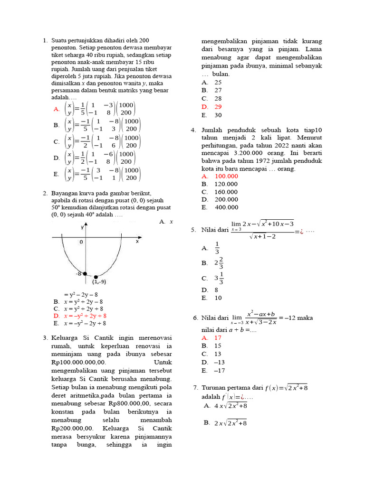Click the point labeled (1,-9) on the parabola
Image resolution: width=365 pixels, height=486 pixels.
click(x=96, y=276)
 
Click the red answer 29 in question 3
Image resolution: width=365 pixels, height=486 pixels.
click(x=218, y=107)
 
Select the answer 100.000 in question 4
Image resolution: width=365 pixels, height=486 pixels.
click(x=226, y=176)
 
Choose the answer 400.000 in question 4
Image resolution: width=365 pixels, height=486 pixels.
click(x=226, y=207)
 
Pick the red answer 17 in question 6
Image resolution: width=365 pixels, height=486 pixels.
click(x=218, y=337)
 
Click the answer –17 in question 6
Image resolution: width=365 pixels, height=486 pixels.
click(x=220, y=371)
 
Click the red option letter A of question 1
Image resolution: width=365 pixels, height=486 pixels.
click(x=57, y=109)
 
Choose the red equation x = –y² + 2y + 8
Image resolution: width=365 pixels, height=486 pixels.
click(x=85, y=315)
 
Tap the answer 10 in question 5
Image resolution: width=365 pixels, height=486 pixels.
click(x=218, y=298)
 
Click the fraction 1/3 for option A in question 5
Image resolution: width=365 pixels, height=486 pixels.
click(x=217, y=248)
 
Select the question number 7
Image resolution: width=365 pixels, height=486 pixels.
click(x=195, y=388)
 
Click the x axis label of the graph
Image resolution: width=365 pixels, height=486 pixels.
click(x=137, y=241)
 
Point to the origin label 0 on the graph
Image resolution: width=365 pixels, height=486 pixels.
click(x=81, y=242)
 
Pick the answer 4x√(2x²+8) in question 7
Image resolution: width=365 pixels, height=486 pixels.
click(x=231, y=406)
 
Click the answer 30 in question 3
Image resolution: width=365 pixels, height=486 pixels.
click(x=218, y=115)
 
